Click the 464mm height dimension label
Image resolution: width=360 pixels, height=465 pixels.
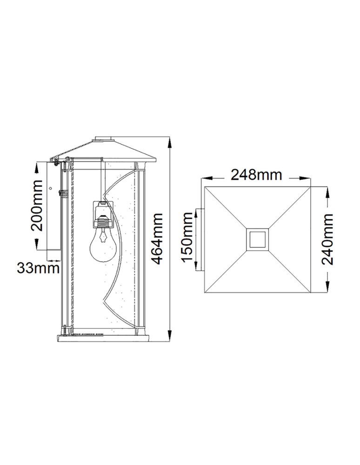tap(158, 239)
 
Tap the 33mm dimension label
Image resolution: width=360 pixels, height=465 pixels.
tap(39, 268)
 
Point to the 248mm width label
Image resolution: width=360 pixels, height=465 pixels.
tap(257, 175)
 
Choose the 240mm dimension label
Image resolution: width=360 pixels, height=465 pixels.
tap(328, 239)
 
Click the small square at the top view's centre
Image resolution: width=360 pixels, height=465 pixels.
tap(257, 239)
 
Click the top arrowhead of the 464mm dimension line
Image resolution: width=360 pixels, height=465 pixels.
tap(169, 140)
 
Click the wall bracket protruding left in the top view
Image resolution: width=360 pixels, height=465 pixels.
tap(200, 239)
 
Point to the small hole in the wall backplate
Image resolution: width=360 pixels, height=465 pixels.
tap(51, 188)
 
